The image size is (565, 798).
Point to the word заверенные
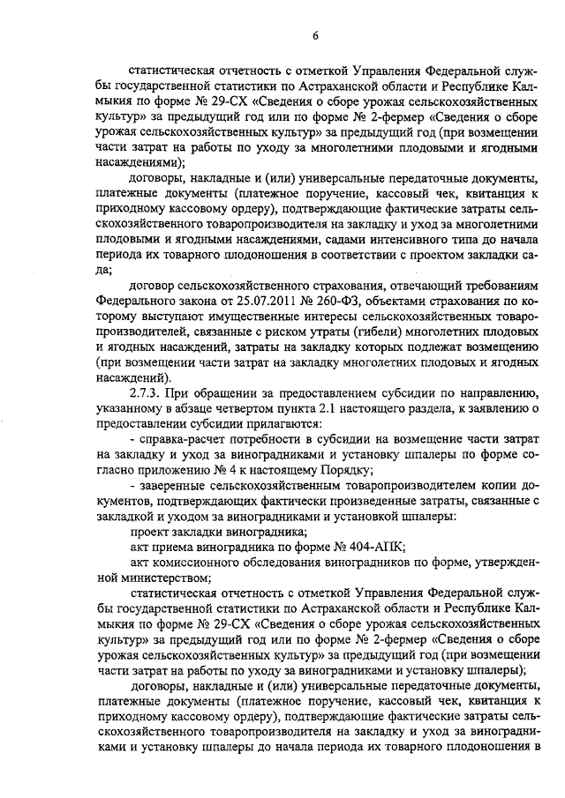pyautogui.click(x=173, y=486)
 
